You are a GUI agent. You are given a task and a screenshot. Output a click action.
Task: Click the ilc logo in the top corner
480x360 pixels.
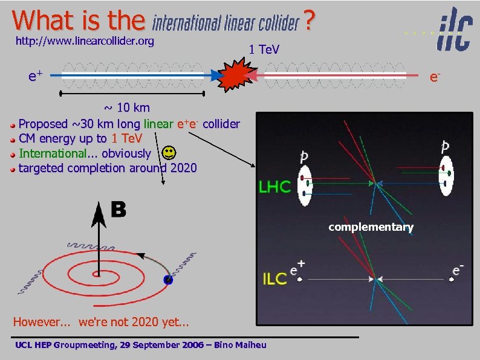pos(455,29)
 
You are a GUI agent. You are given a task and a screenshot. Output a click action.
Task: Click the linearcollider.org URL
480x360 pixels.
pos(85,41)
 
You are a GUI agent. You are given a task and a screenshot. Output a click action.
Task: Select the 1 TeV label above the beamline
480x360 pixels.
pos(264,49)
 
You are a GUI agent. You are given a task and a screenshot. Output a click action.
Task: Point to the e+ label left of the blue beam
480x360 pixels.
pos(35,76)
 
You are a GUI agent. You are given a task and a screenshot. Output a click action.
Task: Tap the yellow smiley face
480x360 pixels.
pos(170,152)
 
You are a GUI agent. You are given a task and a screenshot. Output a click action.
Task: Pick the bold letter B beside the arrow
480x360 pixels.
pos(118,210)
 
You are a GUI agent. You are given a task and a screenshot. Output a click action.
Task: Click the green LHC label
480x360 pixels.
pos(275,186)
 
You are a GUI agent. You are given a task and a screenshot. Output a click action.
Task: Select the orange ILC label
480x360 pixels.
pos(274,278)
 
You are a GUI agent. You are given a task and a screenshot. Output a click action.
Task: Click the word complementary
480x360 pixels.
pos(371,227)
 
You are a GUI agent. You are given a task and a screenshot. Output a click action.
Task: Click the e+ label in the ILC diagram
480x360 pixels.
pos(297,267)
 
